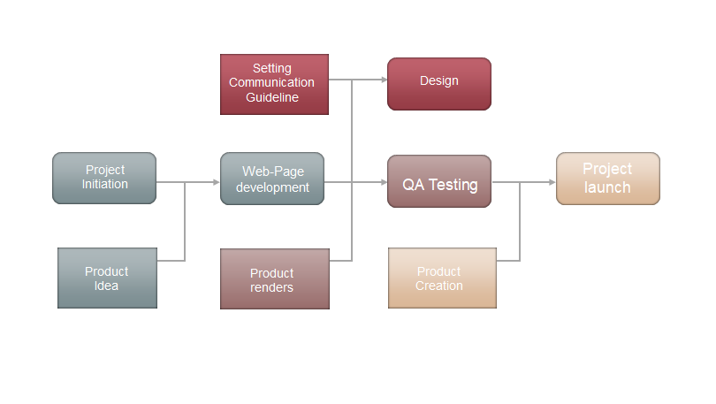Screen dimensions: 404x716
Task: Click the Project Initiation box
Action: [104, 178]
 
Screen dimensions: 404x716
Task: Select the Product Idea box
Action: [107, 278]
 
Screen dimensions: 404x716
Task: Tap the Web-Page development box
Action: [272, 179]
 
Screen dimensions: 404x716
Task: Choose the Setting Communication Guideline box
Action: [274, 83]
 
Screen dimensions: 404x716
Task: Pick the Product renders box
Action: [274, 279]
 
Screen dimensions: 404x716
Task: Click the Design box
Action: [438, 83]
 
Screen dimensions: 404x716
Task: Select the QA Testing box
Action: [438, 181]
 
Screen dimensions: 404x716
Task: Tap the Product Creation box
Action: [442, 278]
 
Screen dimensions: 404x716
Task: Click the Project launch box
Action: [607, 179]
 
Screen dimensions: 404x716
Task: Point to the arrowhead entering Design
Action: [383, 80]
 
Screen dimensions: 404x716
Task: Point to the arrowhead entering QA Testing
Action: [383, 183]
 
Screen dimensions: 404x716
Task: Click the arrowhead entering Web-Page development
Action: [216, 183]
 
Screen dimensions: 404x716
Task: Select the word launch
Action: [607, 187]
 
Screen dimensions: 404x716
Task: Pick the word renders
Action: [272, 287]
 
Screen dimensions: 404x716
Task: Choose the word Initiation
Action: [105, 185]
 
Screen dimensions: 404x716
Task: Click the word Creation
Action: [439, 286]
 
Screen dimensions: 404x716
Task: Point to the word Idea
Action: [107, 286]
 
